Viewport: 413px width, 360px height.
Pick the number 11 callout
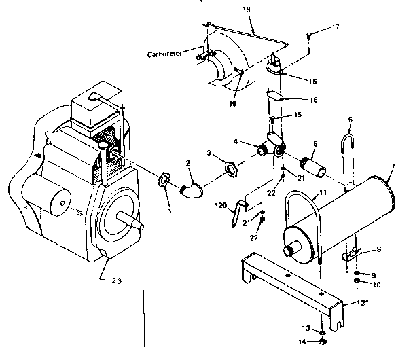click(x=323, y=193)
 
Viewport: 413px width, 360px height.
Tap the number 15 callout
click(x=297, y=115)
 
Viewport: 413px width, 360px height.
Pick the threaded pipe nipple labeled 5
click(x=314, y=166)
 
